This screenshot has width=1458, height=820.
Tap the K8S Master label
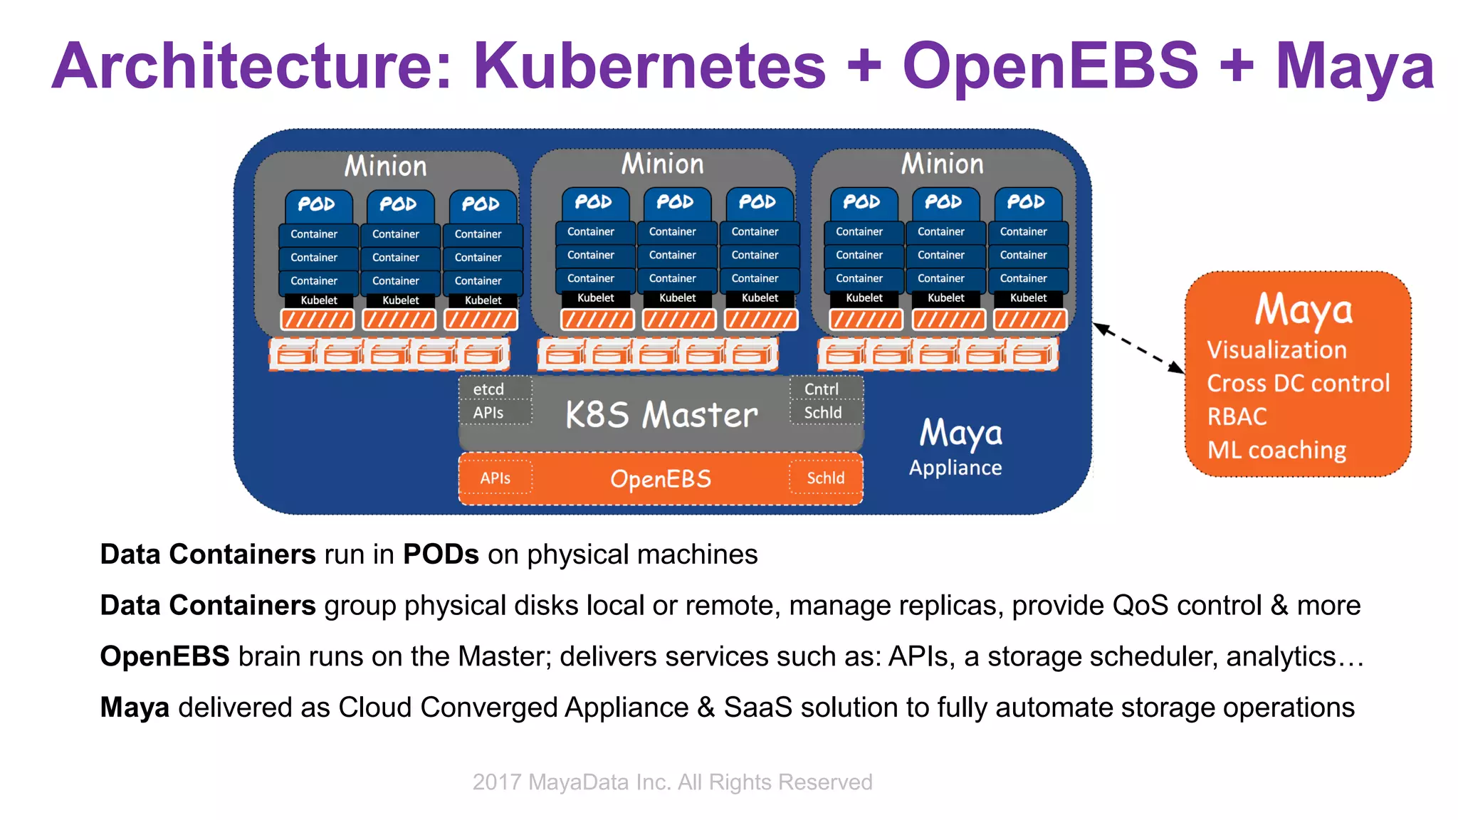coord(661,414)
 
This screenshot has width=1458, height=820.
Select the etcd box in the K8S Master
coord(489,389)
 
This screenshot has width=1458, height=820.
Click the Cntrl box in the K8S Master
coord(822,389)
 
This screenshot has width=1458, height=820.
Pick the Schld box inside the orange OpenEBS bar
coord(825,478)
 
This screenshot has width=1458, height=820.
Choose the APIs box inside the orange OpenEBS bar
coord(495,478)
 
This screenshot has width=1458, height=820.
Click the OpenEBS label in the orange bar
coord(661,479)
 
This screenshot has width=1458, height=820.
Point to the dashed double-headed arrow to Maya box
coord(1138,348)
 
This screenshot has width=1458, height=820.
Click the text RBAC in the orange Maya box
coord(1237,416)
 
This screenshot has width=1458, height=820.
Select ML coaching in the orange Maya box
coord(1276,450)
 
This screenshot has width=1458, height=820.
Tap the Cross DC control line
coord(1298,384)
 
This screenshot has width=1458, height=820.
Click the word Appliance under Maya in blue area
coord(955,468)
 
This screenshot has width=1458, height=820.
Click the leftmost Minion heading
coord(386,167)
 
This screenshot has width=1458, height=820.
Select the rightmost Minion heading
coord(942,164)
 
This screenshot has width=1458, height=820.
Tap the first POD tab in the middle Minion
coord(594,202)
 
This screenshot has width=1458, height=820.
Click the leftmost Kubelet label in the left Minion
coord(319,300)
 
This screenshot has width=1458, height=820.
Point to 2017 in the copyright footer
coord(497,782)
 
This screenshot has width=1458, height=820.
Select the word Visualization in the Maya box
coord(1276,350)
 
